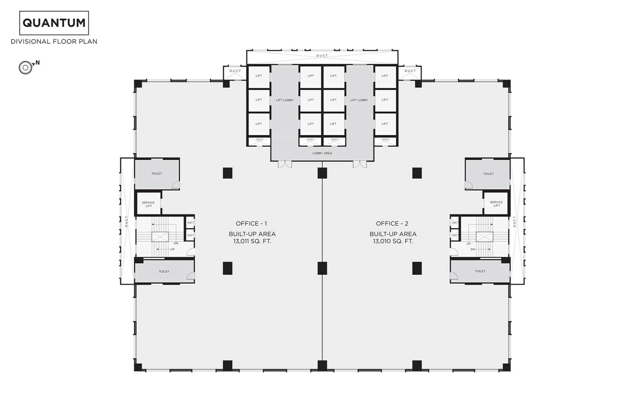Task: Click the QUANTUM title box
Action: point(54,23)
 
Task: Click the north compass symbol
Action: point(26,68)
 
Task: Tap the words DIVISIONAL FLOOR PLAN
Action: point(54,42)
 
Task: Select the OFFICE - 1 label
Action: point(251,224)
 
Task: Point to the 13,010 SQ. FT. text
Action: point(393,241)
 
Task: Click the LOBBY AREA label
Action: point(322,153)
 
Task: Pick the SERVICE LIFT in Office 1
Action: point(148,204)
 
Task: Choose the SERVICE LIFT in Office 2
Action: point(496,204)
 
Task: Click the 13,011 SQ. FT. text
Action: point(252,241)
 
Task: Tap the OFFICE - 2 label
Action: point(392,224)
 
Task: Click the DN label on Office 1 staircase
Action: point(176,243)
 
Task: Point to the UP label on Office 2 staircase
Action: point(468,244)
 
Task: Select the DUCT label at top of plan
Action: point(322,56)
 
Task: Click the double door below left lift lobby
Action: point(285,165)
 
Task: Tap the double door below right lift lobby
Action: point(360,165)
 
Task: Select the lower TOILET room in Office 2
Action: point(480,271)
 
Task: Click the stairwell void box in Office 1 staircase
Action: point(160,237)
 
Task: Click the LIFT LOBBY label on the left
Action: point(285,100)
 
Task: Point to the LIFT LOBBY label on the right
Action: point(359,100)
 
